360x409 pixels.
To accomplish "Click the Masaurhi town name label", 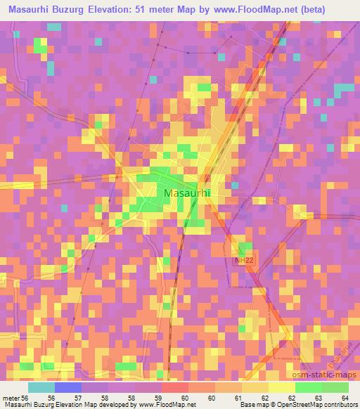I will pyautogui.click(x=187, y=192).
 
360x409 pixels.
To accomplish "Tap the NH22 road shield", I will pyautogui.click(x=242, y=261).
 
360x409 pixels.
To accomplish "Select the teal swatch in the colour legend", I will pyautogui.click(x=41, y=387).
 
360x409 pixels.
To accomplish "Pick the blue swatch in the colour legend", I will pyautogui.click(x=68, y=387).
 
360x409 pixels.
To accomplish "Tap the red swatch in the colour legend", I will pyautogui.click(x=175, y=387).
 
